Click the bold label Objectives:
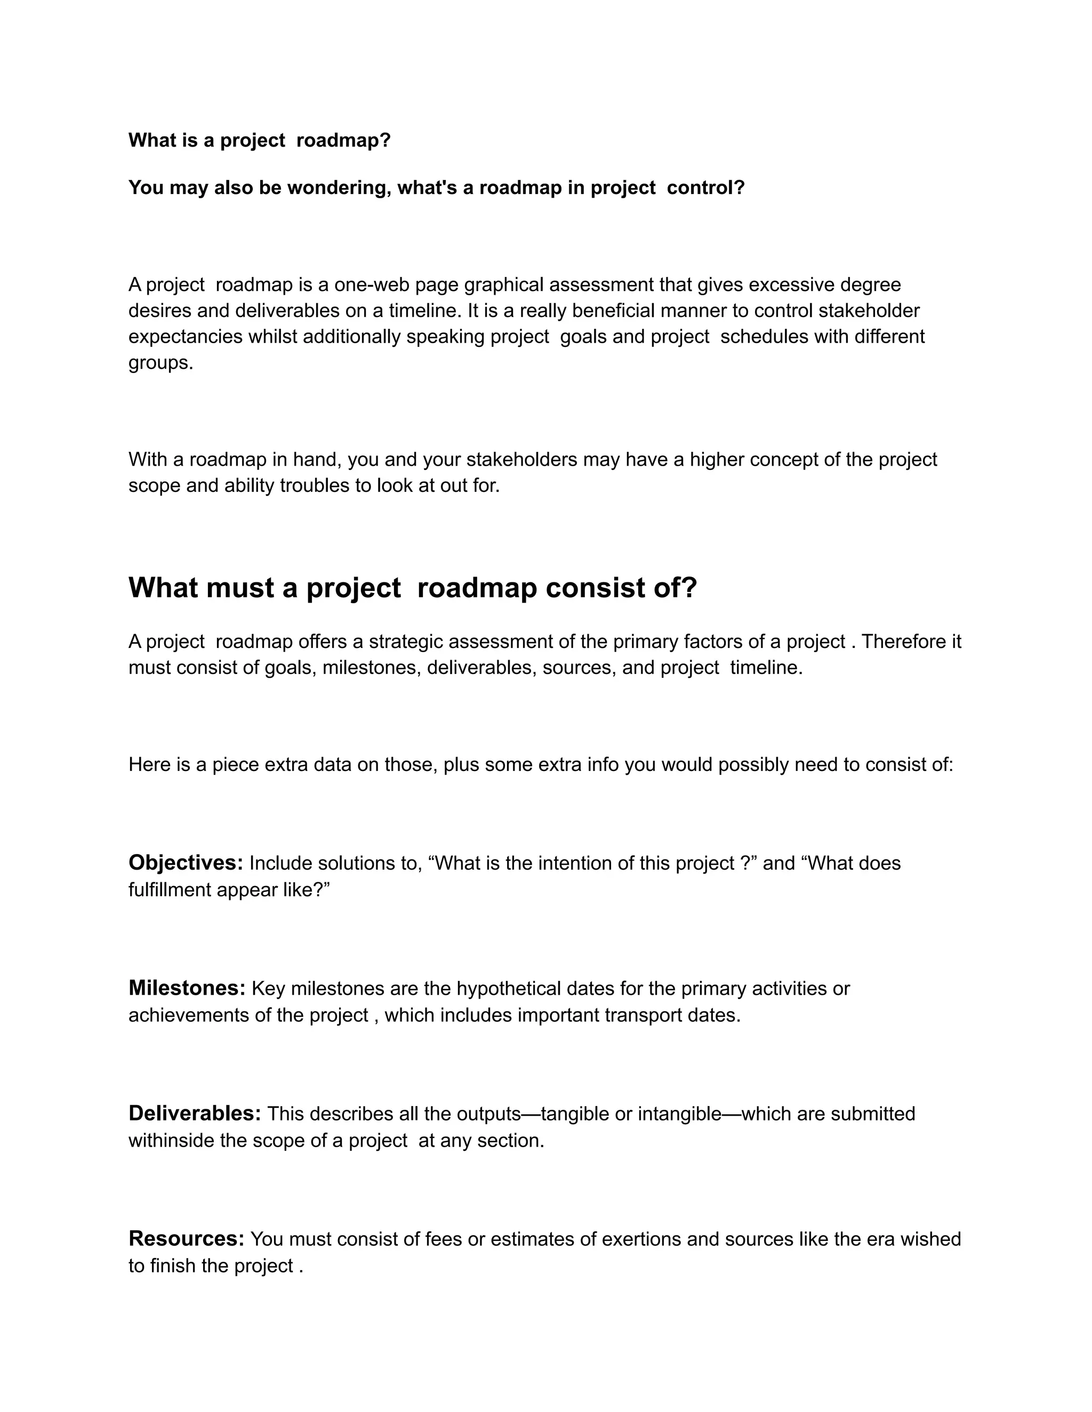186,863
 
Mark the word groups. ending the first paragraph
160,363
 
